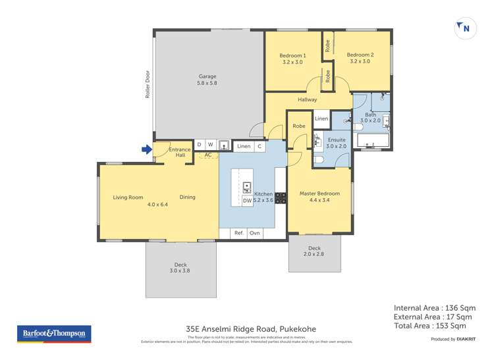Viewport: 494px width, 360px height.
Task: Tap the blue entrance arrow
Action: tap(146, 150)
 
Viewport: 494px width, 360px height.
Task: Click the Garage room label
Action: tap(208, 79)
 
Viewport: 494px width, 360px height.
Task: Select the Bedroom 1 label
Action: tap(292, 58)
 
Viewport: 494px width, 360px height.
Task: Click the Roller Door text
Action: tap(148, 84)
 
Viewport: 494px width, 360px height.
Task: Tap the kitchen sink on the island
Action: tap(247, 187)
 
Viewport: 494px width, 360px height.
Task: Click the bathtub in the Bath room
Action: tap(372, 141)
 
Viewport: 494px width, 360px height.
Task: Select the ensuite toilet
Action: tap(318, 160)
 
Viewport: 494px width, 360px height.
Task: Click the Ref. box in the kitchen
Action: tap(239, 233)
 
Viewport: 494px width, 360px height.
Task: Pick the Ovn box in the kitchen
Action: tap(255, 233)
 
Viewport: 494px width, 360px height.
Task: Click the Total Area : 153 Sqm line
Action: tap(429, 326)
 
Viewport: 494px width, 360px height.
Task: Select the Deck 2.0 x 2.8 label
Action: tap(315, 251)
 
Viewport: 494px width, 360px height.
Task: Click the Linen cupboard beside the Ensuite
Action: tap(321, 119)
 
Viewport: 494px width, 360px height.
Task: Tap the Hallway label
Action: tap(307, 100)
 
